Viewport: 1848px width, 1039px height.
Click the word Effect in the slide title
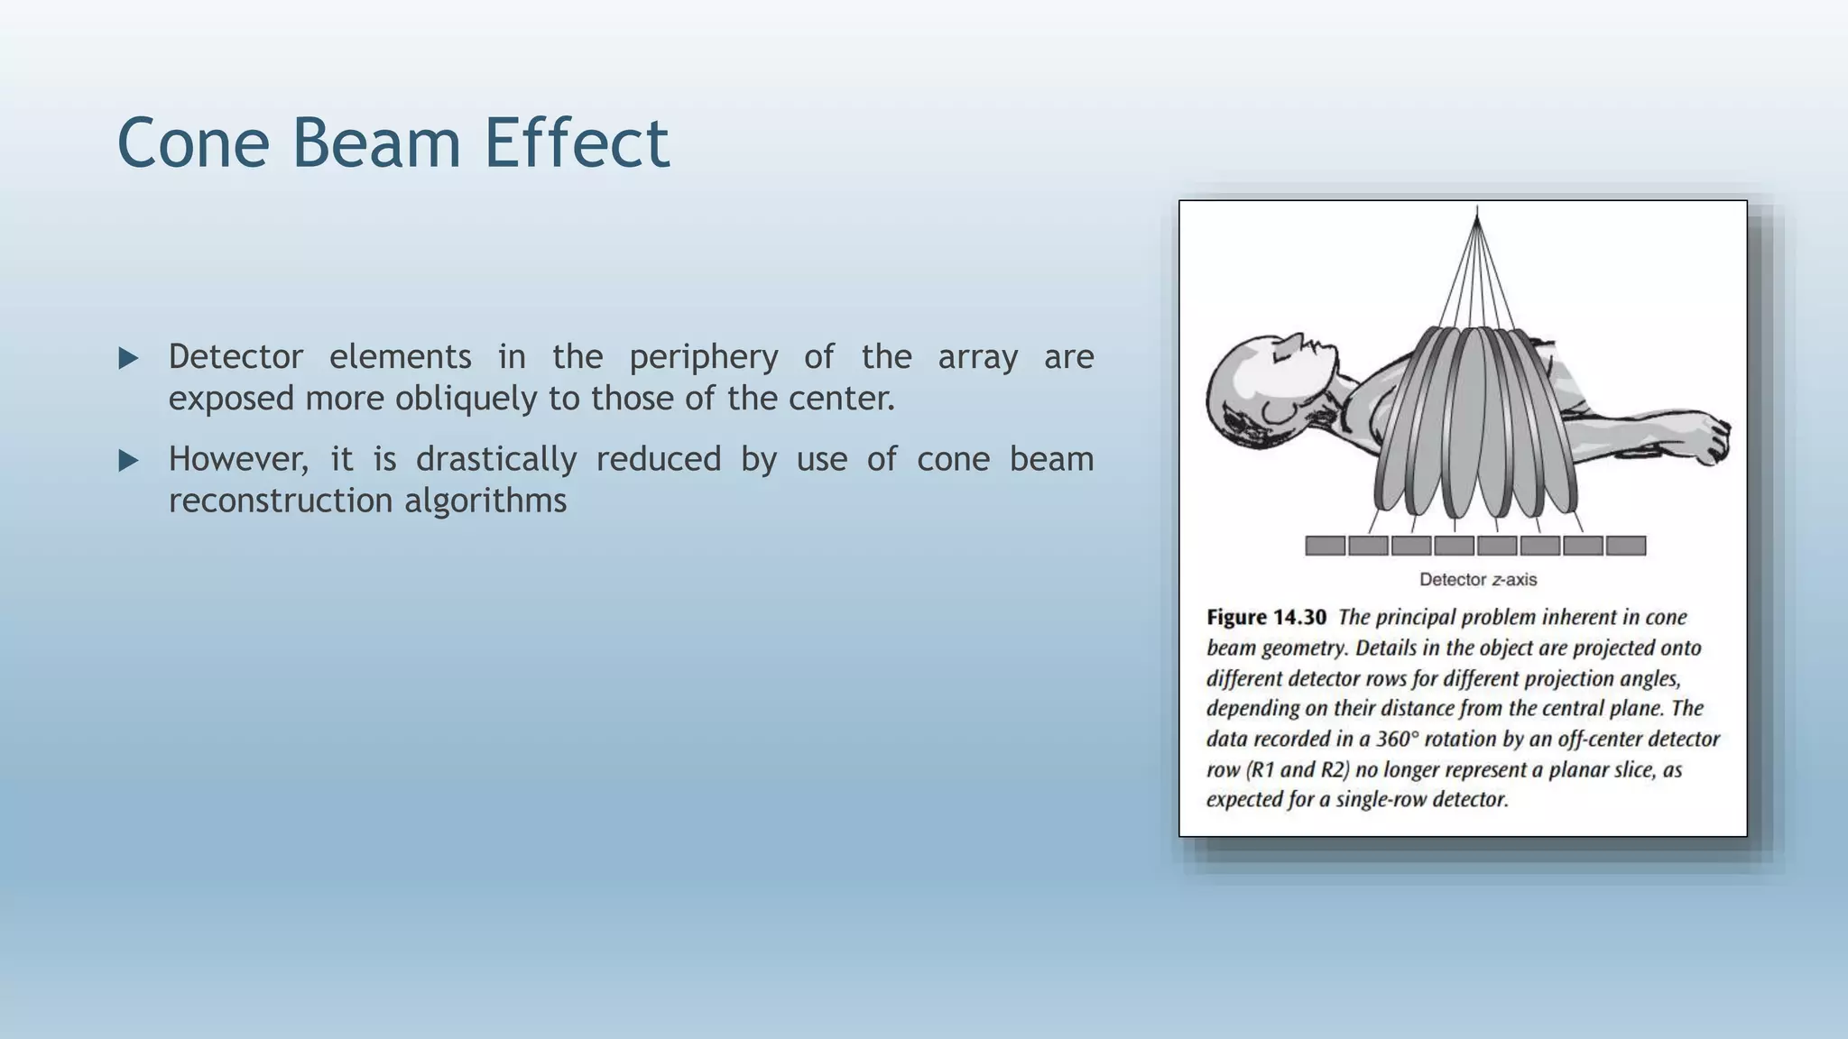[577, 143]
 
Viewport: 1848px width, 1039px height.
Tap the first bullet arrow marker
[128, 358]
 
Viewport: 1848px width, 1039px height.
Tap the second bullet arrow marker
[128, 461]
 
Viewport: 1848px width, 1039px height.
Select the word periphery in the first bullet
[703, 357]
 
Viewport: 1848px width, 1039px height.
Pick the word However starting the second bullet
[237, 460]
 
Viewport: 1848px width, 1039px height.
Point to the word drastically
[495, 460]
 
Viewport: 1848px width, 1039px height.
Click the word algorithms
[485, 501]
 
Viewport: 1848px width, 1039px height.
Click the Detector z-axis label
[1477, 580]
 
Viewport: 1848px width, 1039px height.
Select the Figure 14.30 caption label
[1266, 618]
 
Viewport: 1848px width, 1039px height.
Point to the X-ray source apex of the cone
[1476, 211]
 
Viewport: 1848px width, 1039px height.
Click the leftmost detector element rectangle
[1325, 546]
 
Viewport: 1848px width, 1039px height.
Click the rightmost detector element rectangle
[1626, 546]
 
